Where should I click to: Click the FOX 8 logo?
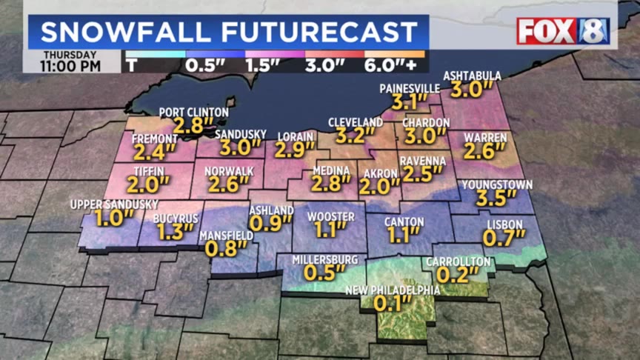click(x=563, y=31)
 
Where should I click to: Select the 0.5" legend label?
click(x=205, y=65)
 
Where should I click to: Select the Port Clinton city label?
click(x=193, y=112)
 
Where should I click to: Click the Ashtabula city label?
click(x=472, y=76)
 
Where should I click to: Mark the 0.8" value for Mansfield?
click(x=226, y=249)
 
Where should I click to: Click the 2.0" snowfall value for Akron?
click(x=379, y=187)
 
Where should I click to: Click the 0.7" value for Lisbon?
click(x=504, y=238)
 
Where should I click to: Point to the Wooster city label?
click(x=326, y=216)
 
